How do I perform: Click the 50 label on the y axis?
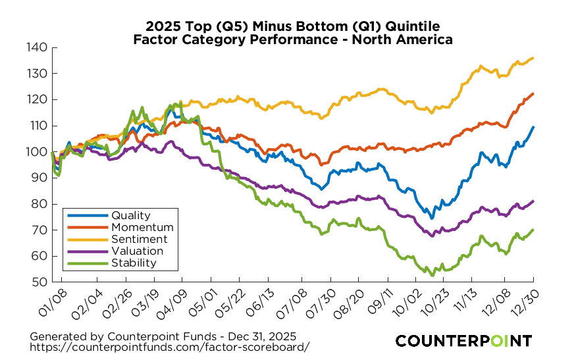tap(39, 282)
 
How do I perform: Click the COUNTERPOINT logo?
tap(463, 341)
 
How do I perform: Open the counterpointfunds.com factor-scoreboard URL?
tap(169, 346)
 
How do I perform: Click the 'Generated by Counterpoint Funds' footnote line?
tap(163, 335)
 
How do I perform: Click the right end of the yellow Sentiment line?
tap(533, 58)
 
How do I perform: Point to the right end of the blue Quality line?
tap(533, 127)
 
